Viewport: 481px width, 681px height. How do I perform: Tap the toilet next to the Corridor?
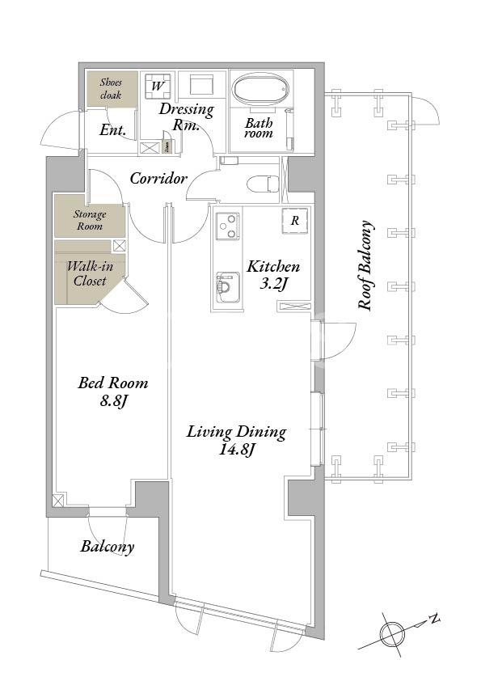(263, 184)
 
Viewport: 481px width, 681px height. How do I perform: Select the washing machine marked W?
(158, 85)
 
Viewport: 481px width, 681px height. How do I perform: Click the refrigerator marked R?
(295, 221)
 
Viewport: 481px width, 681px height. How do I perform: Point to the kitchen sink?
(228, 287)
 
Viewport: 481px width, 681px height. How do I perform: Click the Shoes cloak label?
(111, 88)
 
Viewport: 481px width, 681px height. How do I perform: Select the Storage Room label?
(90, 220)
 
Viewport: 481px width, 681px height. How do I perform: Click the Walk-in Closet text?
(90, 273)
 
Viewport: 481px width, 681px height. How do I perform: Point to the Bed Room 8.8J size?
(113, 401)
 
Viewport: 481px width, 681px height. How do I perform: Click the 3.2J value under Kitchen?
(273, 284)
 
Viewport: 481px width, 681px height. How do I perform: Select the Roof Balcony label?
(365, 266)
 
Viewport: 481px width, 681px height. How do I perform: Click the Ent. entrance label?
(113, 130)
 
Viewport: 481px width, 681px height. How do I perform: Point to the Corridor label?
(158, 178)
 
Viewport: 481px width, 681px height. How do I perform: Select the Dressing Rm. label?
(187, 116)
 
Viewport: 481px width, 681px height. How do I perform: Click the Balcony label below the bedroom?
(108, 547)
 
